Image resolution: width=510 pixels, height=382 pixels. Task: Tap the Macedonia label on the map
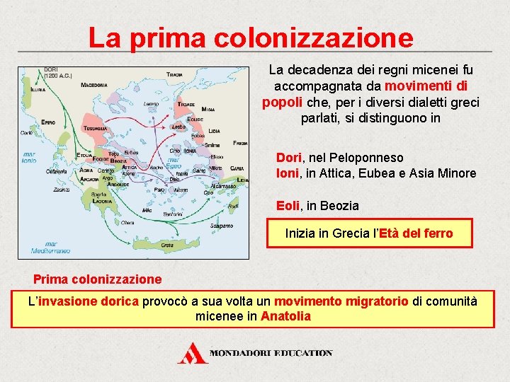[x=93, y=85]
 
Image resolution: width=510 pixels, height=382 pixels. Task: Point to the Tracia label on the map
[x=174, y=74]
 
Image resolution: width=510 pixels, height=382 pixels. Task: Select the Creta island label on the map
[x=166, y=245]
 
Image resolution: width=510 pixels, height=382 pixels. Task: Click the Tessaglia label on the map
[x=92, y=128]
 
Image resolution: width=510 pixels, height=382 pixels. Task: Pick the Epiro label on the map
[x=48, y=122]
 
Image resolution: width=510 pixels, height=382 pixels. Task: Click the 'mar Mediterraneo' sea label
[x=50, y=248]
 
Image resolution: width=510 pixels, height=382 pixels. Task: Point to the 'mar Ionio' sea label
[x=30, y=156]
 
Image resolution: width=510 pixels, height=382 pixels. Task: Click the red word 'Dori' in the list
[x=288, y=158]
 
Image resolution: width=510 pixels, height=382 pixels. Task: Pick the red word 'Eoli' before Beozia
[x=288, y=206]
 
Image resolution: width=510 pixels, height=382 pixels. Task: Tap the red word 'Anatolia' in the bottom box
[x=285, y=316]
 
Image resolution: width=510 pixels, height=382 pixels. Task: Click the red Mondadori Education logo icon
[x=193, y=352]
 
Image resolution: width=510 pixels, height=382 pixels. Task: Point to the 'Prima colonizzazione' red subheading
[x=98, y=279]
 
